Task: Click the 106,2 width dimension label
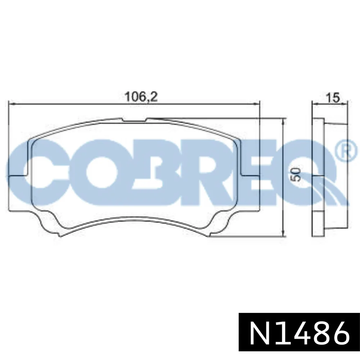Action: [x=141, y=97]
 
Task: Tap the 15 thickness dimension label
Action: [x=333, y=98]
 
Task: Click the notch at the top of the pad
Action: [x=135, y=120]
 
